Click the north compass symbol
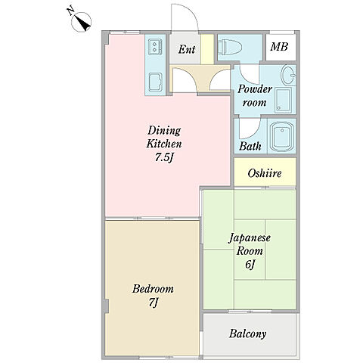click(81, 21)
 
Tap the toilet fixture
click(230, 48)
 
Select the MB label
click(279, 47)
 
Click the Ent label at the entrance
click(187, 49)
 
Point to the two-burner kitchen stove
click(155, 47)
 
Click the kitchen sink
click(155, 82)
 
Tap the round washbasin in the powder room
click(288, 75)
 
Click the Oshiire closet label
click(265, 173)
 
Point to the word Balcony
click(247, 334)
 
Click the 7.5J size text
click(165, 158)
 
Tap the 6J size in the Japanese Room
click(250, 265)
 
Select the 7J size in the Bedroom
click(153, 302)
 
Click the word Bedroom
click(153, 289)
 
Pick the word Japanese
click(250, 238)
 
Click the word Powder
click(255, 89)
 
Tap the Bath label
click(250, 146)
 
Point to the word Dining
click(164, 131)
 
